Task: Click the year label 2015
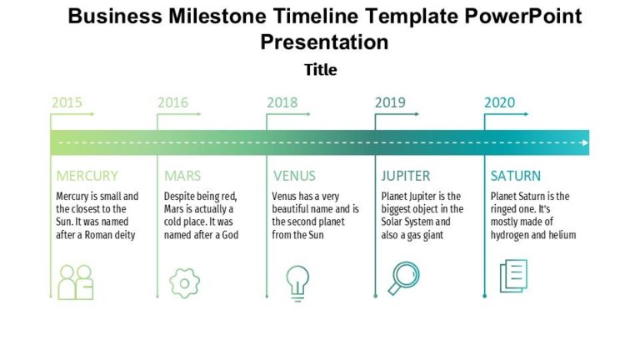coord(67,102)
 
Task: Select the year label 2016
coord(172,102)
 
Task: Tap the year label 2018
coord(282,102)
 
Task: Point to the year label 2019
coord(390,102)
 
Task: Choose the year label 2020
coord(499,102)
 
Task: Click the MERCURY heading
coord(87,176)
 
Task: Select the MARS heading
coord(182,176)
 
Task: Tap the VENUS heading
coord(294,176)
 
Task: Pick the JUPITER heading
coord(406,176)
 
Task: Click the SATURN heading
coord(515,176)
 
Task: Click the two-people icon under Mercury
coord(76,282)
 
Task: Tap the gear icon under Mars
coord(184,282)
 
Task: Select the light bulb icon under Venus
coord(297,282)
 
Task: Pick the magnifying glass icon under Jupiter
coord(405,277)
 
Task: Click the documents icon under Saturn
coord(513,276)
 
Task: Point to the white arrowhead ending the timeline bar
coord(586,142)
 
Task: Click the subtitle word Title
coord(320,70)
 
